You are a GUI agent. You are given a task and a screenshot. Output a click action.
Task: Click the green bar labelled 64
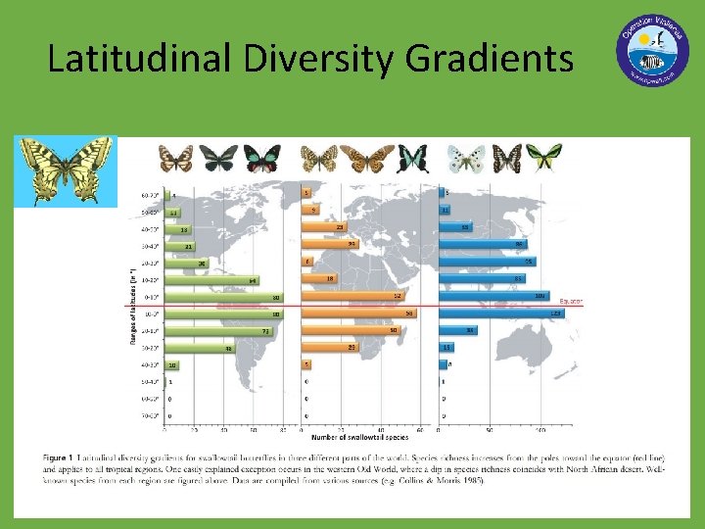point(211,280)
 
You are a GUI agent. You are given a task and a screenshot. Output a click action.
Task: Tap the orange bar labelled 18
point(319,278)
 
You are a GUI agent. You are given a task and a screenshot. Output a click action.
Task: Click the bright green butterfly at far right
point(543,157)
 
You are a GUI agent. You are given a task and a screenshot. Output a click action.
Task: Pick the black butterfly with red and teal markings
point(261,158)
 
